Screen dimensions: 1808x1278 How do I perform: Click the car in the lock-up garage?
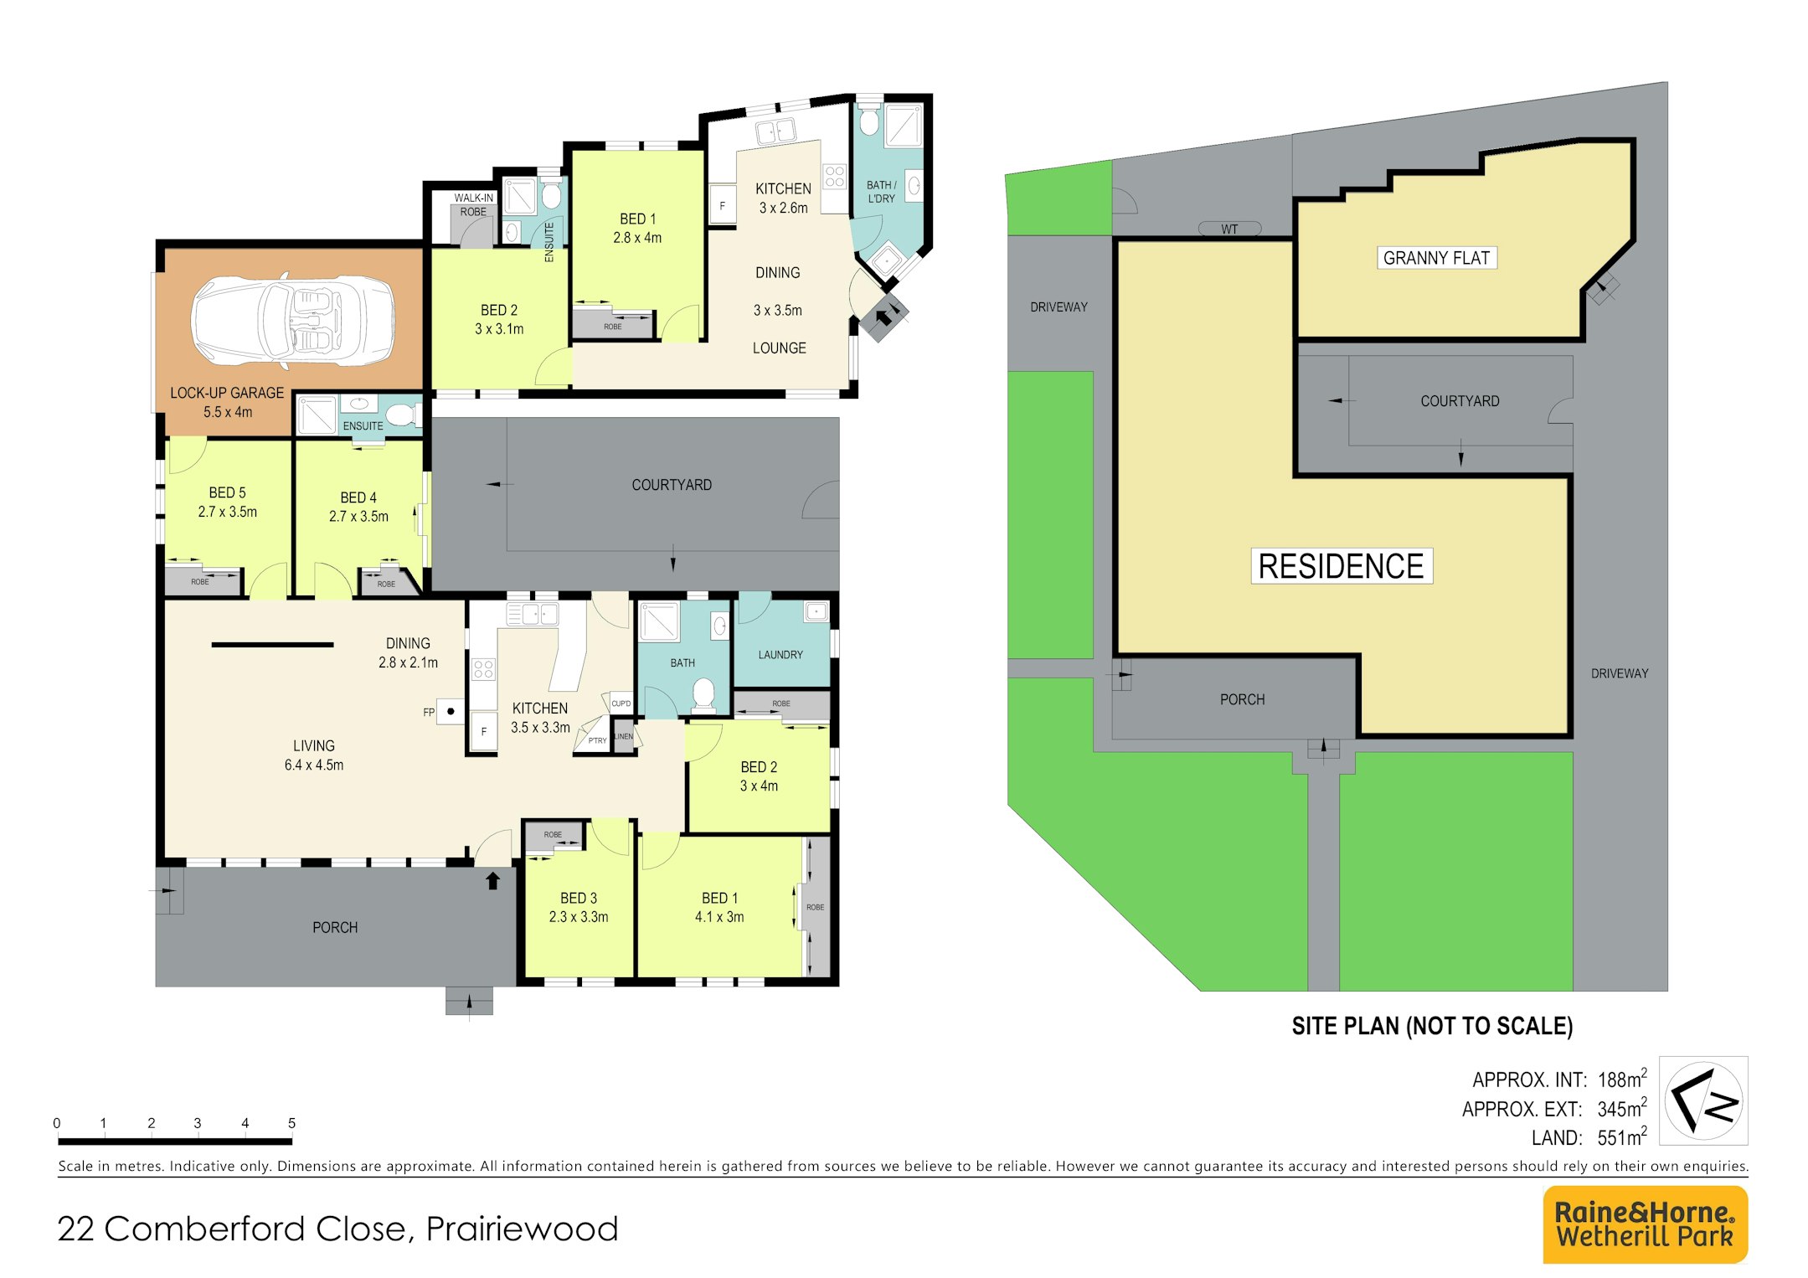(293, 320)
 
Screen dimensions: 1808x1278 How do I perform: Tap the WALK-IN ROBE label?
(474, 205)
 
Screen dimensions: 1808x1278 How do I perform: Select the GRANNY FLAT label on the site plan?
(1436, 258)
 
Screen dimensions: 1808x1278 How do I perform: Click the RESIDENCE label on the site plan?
(1341, 566)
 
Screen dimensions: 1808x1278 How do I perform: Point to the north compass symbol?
(1703, 1100)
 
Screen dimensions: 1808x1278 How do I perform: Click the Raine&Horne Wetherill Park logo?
(1645, 1224)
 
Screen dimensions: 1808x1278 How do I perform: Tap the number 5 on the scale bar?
(291, 1123)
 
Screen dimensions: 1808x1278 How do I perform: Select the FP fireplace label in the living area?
(429, 713)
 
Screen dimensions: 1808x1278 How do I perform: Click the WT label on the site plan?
(1229, 229)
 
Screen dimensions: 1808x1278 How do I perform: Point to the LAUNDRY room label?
(780, 655)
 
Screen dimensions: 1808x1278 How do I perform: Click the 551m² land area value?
(1622, 1136)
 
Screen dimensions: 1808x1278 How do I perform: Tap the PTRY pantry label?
(597, 740)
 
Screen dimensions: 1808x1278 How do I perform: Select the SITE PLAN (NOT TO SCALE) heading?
(1432, 1026)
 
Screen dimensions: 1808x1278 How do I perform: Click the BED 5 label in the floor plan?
(227, 492)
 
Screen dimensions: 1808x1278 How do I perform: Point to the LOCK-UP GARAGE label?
(227, 393)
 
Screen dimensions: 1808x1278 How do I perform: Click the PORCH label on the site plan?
(1242, 699)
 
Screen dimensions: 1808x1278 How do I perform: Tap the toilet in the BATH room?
(703, 693)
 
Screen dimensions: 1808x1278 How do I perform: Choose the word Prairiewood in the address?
(522, 1229)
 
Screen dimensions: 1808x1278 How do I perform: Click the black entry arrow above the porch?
(492, 880)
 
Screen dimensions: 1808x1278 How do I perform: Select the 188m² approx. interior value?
(1622, 1079)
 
